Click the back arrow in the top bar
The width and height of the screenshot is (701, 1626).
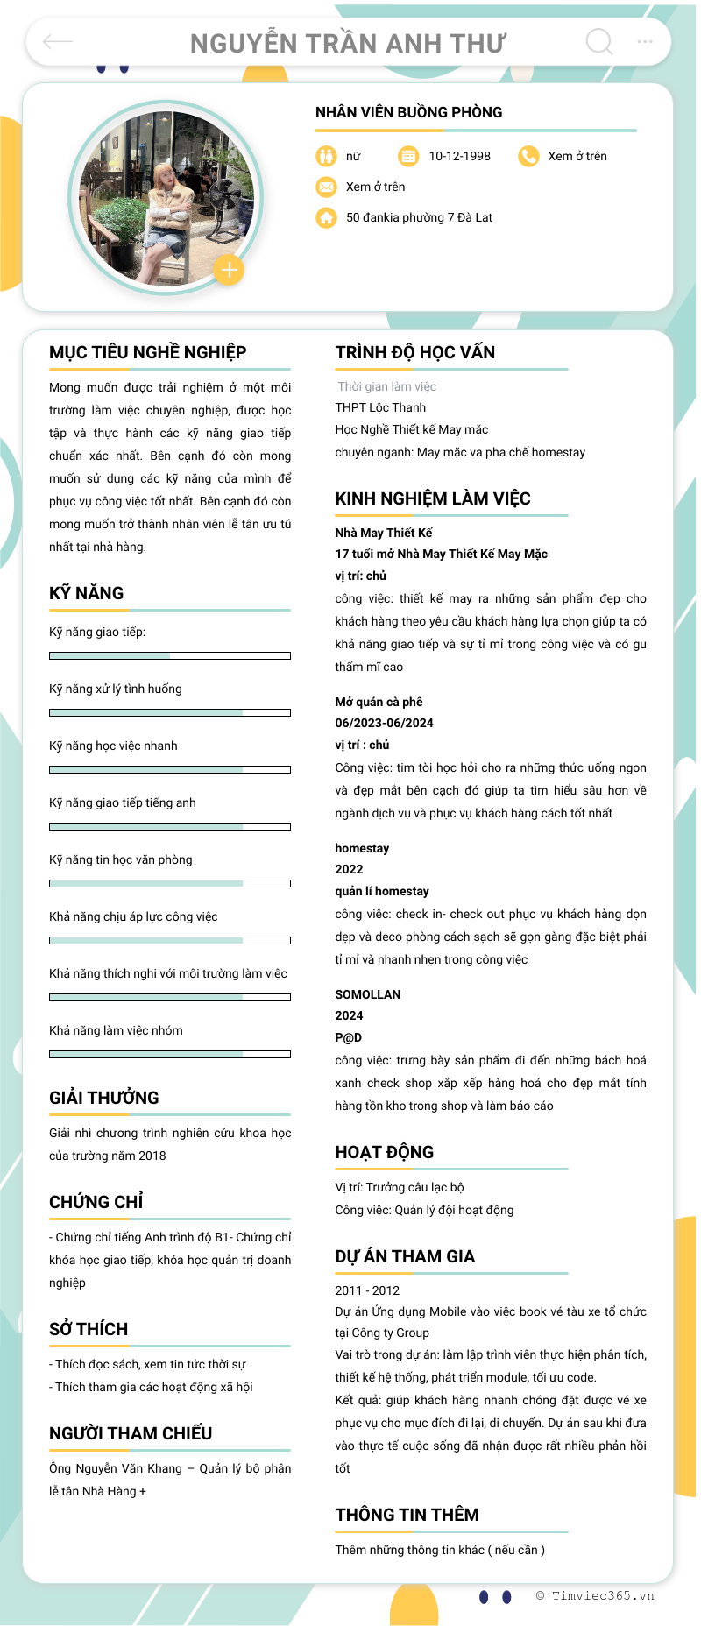[58, 41]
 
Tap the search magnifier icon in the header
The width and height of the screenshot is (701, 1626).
[599, 41]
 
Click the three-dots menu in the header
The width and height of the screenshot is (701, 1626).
[645, 41]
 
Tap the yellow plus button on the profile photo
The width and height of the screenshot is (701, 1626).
[229, 270]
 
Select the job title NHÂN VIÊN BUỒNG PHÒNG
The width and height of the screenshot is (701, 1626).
[408, 112]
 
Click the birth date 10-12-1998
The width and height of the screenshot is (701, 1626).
[459, 156]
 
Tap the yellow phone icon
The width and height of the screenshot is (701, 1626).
[528, 156]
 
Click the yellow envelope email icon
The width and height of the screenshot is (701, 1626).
[326, 187]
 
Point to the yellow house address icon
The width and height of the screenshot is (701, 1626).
[326, 217]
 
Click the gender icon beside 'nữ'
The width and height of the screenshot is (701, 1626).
[326, 156]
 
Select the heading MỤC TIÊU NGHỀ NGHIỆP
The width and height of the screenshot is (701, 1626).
[147, 352]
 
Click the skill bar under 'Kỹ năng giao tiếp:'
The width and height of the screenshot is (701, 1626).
[170, 655]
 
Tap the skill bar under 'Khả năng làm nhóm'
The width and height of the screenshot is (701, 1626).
[170, 1054]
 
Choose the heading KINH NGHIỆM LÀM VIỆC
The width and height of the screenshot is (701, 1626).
[433, 498]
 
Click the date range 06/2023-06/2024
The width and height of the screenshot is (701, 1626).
[384, 723]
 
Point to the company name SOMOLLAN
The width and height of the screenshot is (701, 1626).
[367, 994]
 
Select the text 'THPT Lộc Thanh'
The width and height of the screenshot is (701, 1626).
[380, 407]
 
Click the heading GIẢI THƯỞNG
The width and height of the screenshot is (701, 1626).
[104, 1098]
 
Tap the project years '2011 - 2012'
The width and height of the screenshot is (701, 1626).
[367, 1290]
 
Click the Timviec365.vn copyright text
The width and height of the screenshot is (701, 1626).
[596, 1595]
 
